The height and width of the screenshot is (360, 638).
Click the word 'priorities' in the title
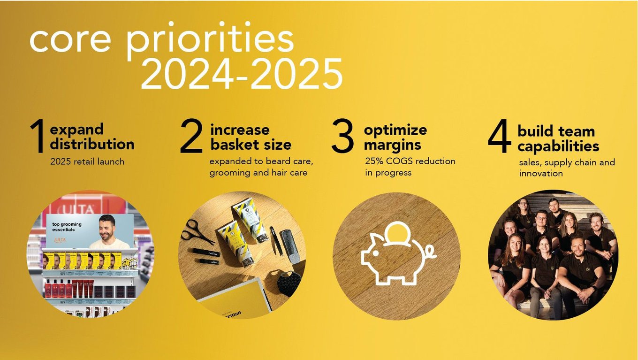tap(210, 39)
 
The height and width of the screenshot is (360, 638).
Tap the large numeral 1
tap(38, 136)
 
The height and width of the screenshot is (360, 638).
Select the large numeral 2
tap(191, 136)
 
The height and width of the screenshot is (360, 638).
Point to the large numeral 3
tap(342, 136)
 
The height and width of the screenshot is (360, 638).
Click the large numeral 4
tap(499, 136)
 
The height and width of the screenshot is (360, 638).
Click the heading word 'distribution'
tap(92, 144)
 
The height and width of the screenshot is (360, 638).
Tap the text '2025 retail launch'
tap(87, 161)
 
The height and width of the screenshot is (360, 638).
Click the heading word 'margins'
tap(393, 146)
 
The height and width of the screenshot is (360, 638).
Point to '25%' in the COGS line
tap(374, 161)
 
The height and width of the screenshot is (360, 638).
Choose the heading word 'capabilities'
tap(558, 146)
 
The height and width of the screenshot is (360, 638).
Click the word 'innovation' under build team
tap(541, 173)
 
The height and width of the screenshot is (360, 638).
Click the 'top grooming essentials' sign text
tap(67, 227)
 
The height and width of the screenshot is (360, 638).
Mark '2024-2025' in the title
tap(242, 74)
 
